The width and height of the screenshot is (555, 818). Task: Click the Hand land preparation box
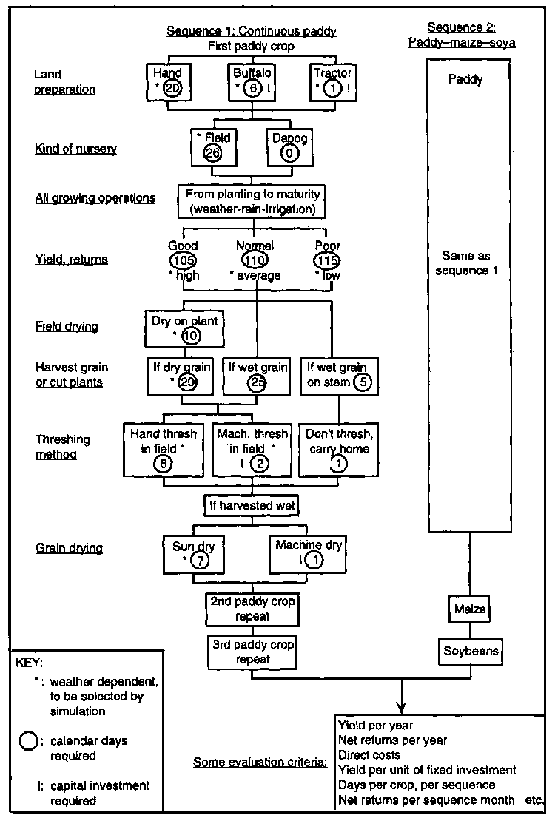coord(168,81)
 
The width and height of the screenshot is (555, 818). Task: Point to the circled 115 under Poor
coord(326,261)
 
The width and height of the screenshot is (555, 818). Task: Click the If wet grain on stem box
coord(339,376)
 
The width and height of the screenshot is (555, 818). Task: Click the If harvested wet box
coord(252,506)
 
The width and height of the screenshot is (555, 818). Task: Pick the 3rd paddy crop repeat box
coord(252,652)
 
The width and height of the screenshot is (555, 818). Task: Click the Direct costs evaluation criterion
coord(370,755)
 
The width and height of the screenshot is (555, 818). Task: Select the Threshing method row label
coord(63,447)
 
